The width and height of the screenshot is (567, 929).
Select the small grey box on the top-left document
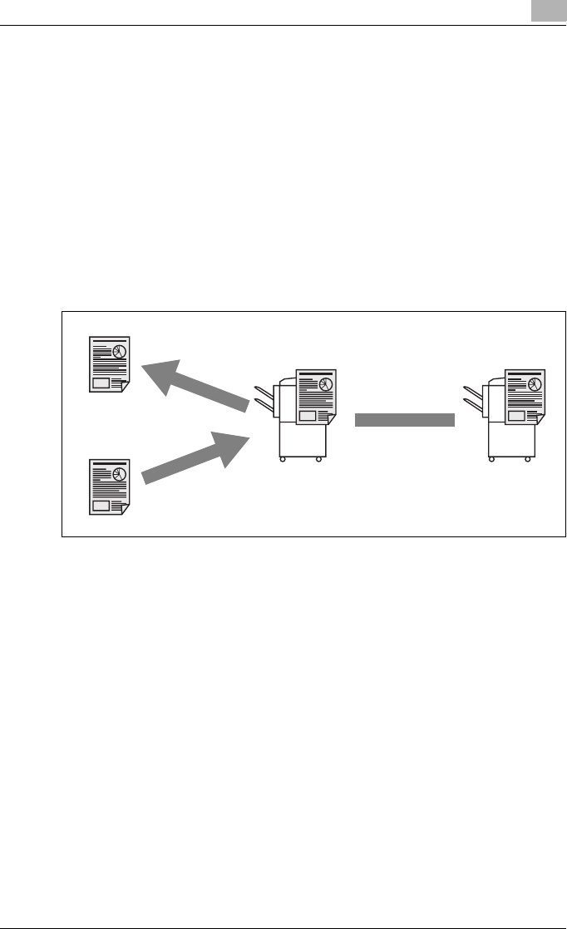pos(101,383)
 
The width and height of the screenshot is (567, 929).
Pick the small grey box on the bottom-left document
pos(101,505)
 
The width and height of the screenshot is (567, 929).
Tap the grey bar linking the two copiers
pos(405,420)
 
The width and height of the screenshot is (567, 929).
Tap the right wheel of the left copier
pos(318,458)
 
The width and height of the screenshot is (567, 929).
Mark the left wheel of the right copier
pos(493,458)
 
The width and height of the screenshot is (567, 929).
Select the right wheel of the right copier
pos(526,458)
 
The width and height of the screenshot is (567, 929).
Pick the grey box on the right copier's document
pos(515,416)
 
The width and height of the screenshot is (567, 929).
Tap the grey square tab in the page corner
pos(553,11)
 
